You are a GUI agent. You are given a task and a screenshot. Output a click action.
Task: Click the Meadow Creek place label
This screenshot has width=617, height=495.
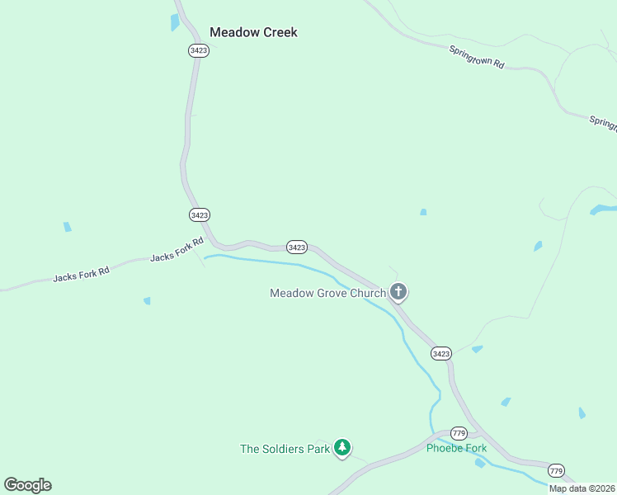[x=253, y=32]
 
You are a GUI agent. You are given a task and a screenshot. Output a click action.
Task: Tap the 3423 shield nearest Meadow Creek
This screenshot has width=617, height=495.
[x=198, y=50]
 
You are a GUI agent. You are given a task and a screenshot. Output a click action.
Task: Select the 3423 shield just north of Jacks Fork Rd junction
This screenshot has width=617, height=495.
[x=199, y=214]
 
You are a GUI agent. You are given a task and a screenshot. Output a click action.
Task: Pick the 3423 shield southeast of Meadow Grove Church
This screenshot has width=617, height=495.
[x=441, y=353]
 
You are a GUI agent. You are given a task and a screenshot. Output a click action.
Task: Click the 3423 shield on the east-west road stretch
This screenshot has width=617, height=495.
[x=297, y=247]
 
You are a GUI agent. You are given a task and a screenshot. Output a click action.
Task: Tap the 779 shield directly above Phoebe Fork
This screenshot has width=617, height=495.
[x=459, y=434]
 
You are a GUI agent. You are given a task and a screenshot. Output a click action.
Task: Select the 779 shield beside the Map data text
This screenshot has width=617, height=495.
[x=557, y=471]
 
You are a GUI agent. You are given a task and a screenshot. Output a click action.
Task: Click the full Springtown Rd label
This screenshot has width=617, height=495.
[x=477, y=57]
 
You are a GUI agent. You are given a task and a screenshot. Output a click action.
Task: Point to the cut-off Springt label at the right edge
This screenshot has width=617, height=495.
[x=603, y=122]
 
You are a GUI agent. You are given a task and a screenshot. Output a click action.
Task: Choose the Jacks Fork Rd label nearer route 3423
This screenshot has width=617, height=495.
[x=177, y=251]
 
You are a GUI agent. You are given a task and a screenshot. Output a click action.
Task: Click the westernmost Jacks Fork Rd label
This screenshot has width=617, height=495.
[x=81, y=272]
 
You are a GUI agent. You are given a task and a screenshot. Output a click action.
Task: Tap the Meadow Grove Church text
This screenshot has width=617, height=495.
[x=327, y=293]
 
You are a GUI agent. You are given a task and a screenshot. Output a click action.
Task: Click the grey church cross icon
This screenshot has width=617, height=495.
[x=398, y=291]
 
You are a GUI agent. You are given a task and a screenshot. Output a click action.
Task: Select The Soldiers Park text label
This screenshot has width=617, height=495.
[x=285, y=449]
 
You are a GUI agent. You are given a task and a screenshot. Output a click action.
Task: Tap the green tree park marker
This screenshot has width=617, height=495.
[x=342, y=448]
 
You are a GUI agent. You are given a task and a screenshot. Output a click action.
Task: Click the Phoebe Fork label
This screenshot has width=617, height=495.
[x=456, y=449]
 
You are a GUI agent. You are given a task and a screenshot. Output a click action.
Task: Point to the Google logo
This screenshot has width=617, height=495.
[x=27, y=485]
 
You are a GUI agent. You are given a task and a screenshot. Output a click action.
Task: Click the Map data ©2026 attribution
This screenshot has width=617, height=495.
[x=582, y=488]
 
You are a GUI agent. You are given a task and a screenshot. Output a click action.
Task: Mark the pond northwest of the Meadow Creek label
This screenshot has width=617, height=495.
[x=175, y=22]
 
